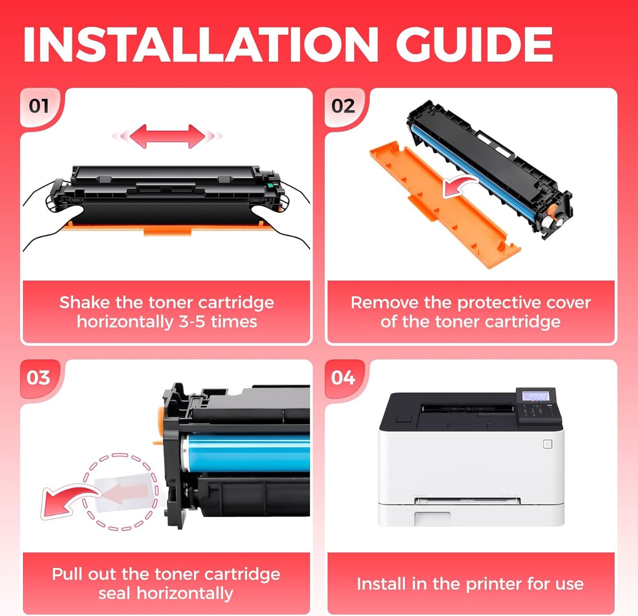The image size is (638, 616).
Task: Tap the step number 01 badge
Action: (38, 106)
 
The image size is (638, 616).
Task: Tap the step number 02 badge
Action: (343, 106)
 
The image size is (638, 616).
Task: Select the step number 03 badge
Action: (38, 378)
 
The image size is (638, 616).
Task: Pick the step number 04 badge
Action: (343, 378)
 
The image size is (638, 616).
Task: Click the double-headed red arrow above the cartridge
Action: (167, 136)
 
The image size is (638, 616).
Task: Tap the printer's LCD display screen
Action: (535, 396)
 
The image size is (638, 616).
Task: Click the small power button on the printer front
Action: (547, 444)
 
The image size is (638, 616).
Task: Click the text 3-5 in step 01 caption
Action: (192, 322)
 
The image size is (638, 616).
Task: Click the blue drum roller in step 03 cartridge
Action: (247, 453)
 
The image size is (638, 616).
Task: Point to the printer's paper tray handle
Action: (433, 518)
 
